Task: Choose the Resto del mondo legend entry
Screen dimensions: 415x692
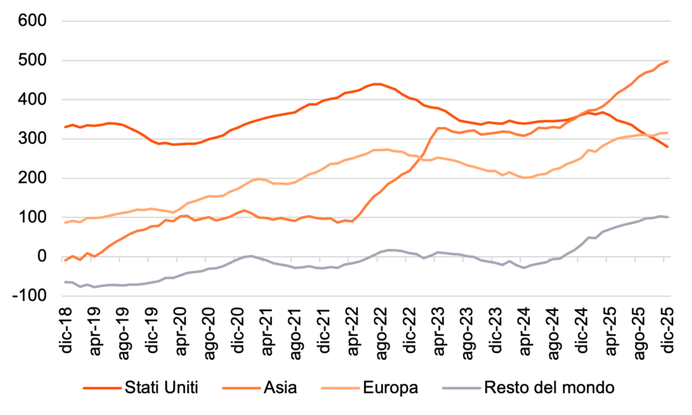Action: [x=547, y=388]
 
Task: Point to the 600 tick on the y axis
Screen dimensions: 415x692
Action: [x=32, y=21]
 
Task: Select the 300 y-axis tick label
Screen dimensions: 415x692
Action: [x=32, y=139]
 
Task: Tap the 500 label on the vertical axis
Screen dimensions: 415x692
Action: [x=32, y=61]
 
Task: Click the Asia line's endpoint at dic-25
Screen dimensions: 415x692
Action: [x=668, y=62]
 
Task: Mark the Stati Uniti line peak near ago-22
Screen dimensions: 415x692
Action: [x=377, y=84]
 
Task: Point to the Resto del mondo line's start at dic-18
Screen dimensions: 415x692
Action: [x=66, y=282]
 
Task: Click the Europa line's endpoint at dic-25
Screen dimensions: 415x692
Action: [x=668, y=132]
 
